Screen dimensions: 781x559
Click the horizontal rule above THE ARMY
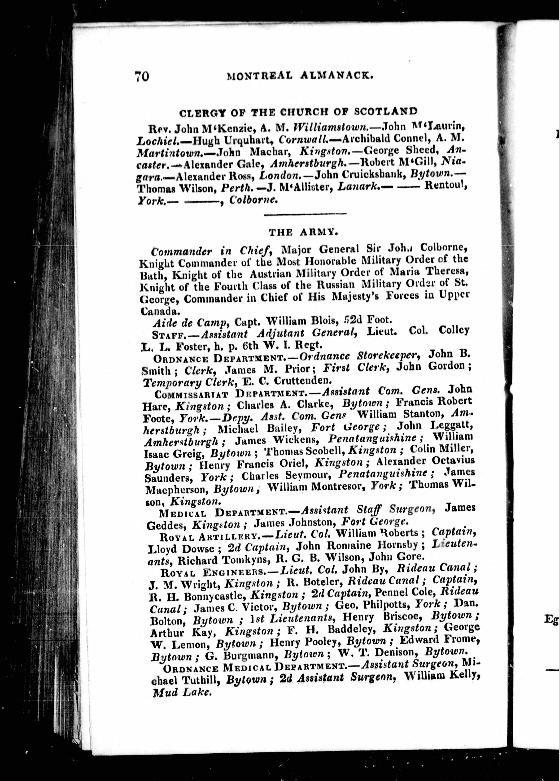pyautogui.click(x=305, y=215)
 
